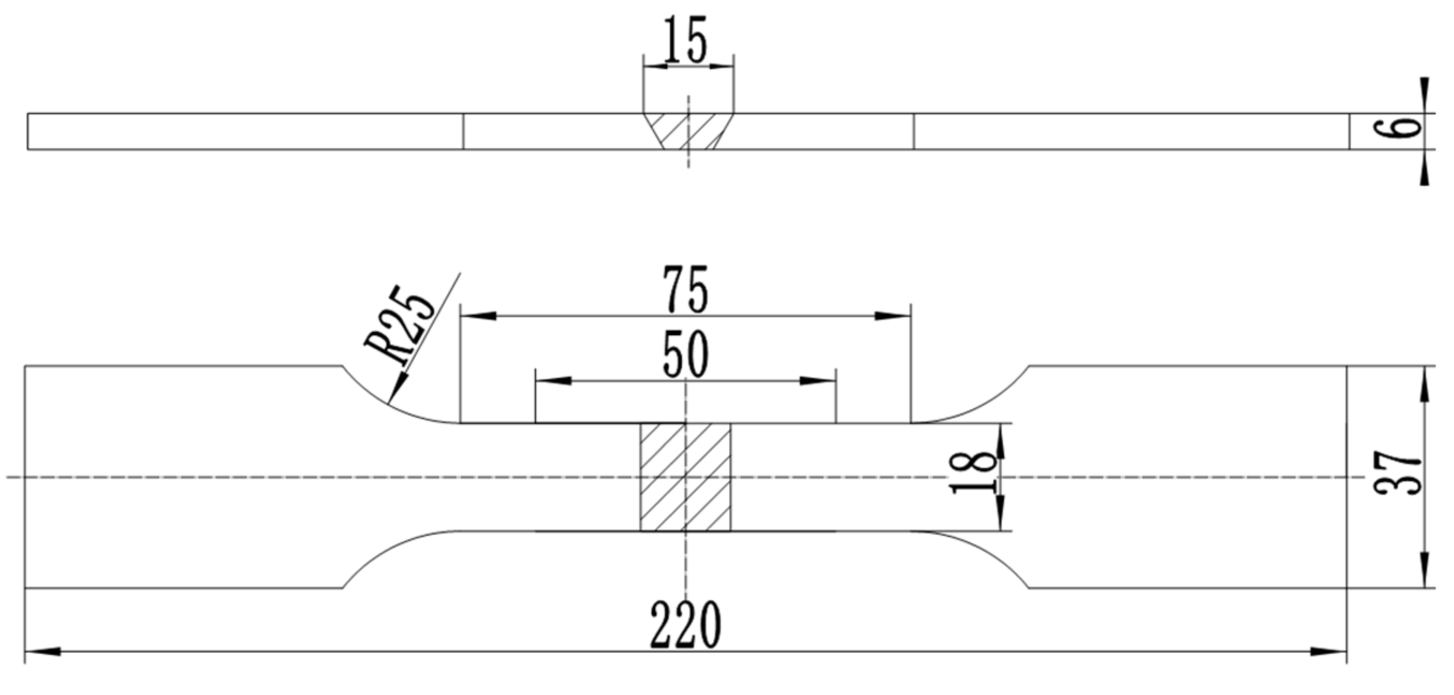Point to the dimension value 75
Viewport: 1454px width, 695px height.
click(x=686, y=290)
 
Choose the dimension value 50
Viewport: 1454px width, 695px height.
click(x=686, y=355)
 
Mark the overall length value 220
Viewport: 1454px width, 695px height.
click(x=686, y=625)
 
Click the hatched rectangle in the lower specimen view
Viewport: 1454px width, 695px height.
click(x=686, y=478)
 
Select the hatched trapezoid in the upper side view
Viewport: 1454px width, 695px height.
click(x=688, y=131)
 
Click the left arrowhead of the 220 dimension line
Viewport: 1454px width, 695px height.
click(x=43, y=652)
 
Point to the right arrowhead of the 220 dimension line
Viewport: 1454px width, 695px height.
click(x=1329, y=652)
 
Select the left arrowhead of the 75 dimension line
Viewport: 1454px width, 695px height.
click(x=478, y=316)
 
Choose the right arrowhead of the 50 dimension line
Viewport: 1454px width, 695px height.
click(x=818, y=381)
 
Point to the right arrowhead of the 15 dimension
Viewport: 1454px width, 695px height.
click(x=722, y=66)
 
